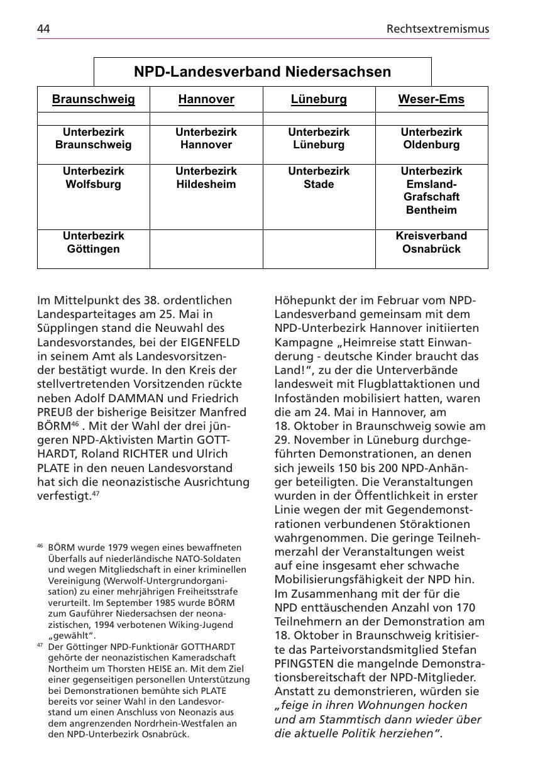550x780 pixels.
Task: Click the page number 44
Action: [43, 29]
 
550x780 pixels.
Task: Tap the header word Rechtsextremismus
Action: [437, 29]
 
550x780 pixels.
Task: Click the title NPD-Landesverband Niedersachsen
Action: [262, 72]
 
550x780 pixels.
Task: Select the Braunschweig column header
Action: [93, 99]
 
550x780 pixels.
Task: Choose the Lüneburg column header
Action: [319, 99]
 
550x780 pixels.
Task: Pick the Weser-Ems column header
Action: [431, 99]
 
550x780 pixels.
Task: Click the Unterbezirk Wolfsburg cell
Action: [93, 178]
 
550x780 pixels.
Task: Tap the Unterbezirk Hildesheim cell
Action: [206, 178]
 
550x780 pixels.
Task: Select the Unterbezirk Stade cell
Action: [319, 178]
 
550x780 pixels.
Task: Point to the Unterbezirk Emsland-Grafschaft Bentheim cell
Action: [431, 190]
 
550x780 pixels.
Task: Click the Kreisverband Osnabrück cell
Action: [431, 243]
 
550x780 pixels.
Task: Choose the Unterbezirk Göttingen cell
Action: [93, 243]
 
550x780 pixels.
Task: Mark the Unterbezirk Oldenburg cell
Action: [431, 139]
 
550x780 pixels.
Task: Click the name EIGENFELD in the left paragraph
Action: [211, 342]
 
